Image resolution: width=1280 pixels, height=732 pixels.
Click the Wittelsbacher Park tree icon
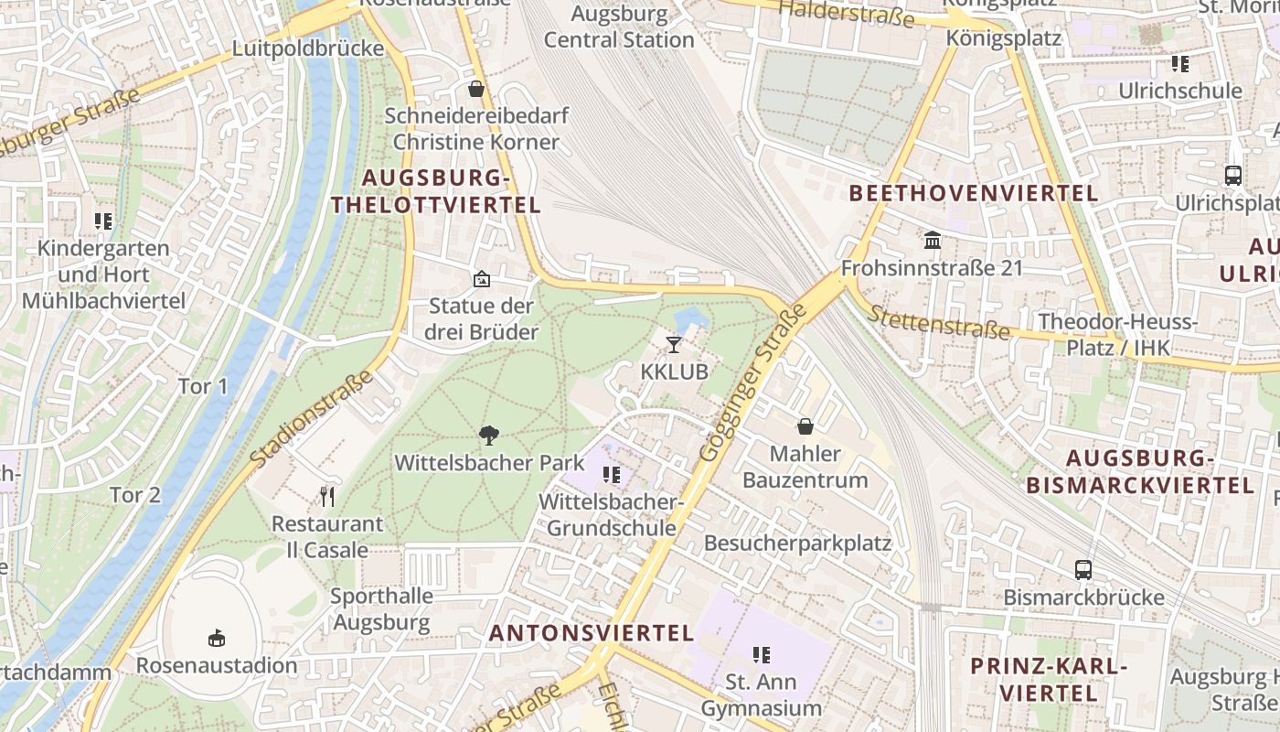coord(489,436)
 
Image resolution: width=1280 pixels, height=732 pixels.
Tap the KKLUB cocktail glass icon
coord(674,345)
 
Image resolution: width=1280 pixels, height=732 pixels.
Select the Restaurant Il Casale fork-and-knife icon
coord(327,497)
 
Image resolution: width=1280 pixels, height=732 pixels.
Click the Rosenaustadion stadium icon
coord(217,637)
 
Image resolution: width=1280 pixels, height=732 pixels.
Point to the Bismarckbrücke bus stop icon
coord(1083,570)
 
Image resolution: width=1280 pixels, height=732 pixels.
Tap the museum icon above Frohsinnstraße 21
coord(933,241)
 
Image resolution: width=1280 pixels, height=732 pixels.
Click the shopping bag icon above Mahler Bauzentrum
coord(805,426)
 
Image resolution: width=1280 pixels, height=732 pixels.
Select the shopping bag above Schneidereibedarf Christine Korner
coord(475,89)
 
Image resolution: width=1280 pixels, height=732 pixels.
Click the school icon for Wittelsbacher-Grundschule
coord(611,474)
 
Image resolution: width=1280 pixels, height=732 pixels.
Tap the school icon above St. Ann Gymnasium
coord(761,654)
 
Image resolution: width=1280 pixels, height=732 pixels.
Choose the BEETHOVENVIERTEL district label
coord(974,193)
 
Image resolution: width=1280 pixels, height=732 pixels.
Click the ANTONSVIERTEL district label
coord(592,632)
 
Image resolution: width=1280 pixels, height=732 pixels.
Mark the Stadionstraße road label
coord(311,417)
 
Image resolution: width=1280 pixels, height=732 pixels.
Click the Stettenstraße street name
coord(938,321)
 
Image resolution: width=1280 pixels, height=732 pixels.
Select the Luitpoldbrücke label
coord(308,48)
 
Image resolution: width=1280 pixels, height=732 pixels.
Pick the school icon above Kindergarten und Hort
coord(102,221)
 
